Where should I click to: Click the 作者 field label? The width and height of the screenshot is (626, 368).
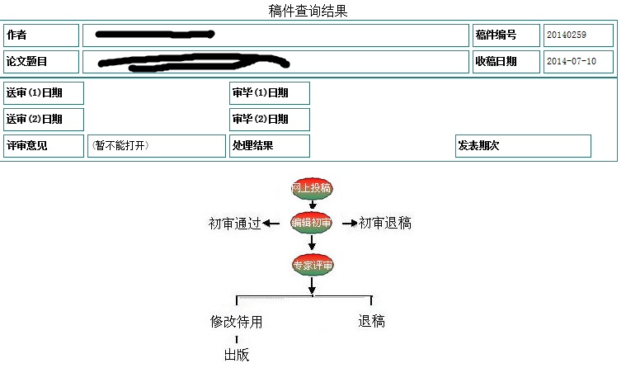16,35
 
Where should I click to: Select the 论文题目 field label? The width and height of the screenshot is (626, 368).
27,61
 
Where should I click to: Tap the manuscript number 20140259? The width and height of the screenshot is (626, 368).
564,35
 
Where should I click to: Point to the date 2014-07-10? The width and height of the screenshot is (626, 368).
571,61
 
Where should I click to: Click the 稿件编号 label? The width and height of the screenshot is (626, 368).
496,35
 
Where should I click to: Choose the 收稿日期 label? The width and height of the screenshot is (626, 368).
496,61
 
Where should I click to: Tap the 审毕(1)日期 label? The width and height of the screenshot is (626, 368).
261,93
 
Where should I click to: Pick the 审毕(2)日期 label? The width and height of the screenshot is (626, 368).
261,120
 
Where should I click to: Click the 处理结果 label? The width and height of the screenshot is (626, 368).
253,146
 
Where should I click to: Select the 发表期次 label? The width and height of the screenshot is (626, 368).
479,146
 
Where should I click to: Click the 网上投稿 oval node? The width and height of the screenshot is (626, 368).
312,189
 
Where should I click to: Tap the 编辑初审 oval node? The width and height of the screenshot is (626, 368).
312,223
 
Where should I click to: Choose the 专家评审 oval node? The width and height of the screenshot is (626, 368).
313,266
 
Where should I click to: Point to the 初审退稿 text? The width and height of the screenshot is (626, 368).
385,223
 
